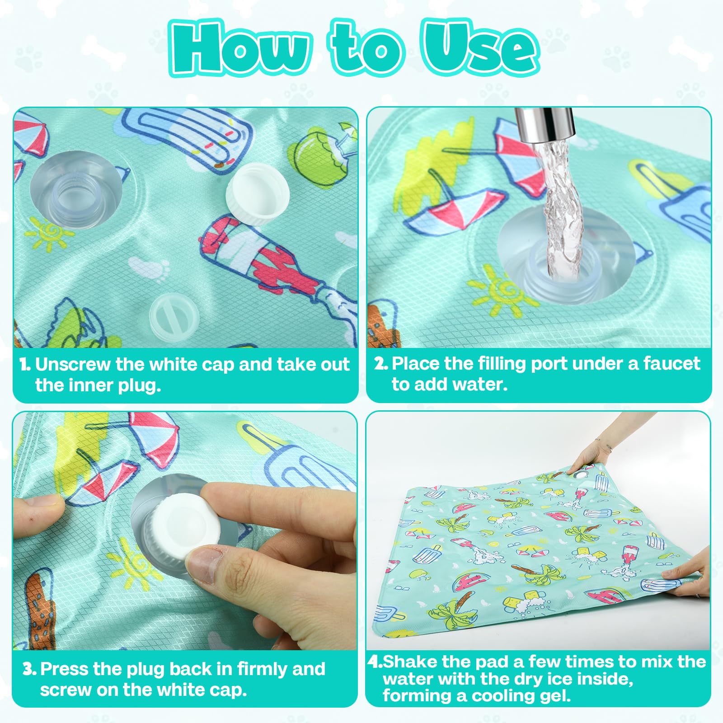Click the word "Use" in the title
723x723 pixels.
(x=480, y=47)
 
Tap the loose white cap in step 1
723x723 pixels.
(x=257, y=193)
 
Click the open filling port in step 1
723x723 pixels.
(x=76, y=190)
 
